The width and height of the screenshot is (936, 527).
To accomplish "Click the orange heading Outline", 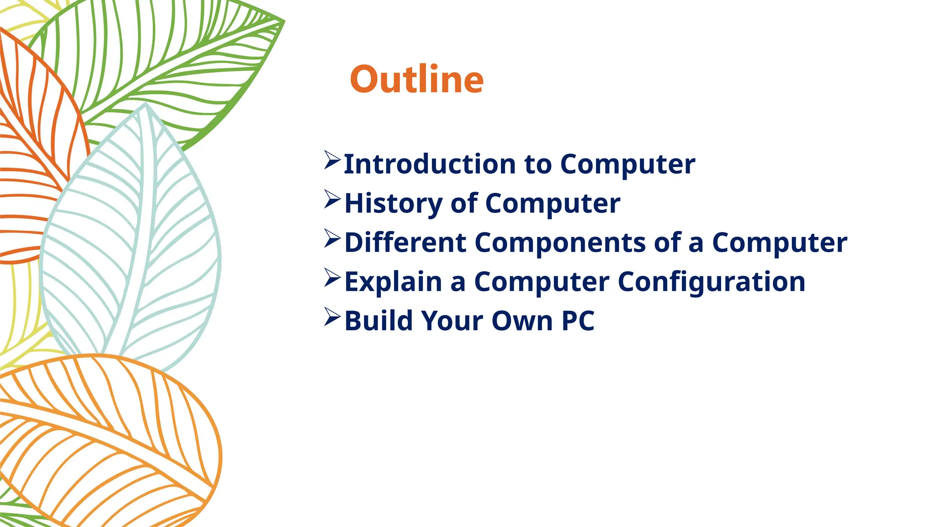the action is coord(416,80).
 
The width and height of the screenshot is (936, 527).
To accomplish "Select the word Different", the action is coord(405,242).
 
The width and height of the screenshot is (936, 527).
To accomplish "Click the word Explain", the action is coord(393,282).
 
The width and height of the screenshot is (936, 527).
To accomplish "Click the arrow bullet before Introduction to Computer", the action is coord(332,160).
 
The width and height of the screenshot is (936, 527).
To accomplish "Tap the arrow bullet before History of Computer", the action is coord(332,199).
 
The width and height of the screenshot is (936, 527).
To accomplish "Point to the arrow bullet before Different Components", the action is coord(332,238).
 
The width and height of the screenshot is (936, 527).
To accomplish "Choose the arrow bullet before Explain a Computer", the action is coord(332,278).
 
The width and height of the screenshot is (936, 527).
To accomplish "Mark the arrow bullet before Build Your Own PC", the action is coord(332,317).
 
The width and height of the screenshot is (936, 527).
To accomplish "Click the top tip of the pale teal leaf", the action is coord(145,105).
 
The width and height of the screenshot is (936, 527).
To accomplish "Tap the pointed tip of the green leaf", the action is coord(283,21).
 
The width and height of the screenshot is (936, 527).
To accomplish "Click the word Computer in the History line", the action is coord(552,203).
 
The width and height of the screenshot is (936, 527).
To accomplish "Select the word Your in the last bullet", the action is coord(452,321).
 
